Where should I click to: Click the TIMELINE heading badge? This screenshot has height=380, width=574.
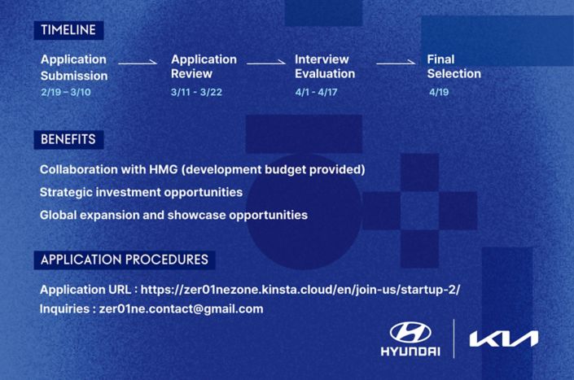(68, 30)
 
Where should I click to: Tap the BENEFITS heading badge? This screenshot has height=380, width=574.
(68, 139)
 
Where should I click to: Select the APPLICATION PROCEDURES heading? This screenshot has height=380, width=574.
(125, 260)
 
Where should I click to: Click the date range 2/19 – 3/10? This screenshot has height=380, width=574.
(66, 92)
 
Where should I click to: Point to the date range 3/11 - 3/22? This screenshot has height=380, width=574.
(196, 92)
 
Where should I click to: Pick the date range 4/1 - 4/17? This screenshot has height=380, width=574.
(316, 92)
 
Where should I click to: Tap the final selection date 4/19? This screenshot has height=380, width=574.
(439, 92)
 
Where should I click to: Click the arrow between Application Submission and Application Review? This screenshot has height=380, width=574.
(138, 63)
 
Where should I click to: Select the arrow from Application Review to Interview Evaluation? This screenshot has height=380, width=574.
(266, 63)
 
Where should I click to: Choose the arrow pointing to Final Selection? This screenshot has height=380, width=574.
(396, 63)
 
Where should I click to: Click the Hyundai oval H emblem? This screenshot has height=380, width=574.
(410, 333)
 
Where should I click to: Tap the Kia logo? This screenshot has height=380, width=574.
(504, 339)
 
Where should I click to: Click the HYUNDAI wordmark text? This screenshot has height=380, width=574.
(410, 352)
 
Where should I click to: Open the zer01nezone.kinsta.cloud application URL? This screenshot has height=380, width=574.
(300, 290)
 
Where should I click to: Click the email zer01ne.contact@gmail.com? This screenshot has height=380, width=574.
(182, 309)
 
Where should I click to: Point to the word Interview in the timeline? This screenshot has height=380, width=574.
(322, 59)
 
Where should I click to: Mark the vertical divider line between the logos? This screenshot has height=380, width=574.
(454, 339)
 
